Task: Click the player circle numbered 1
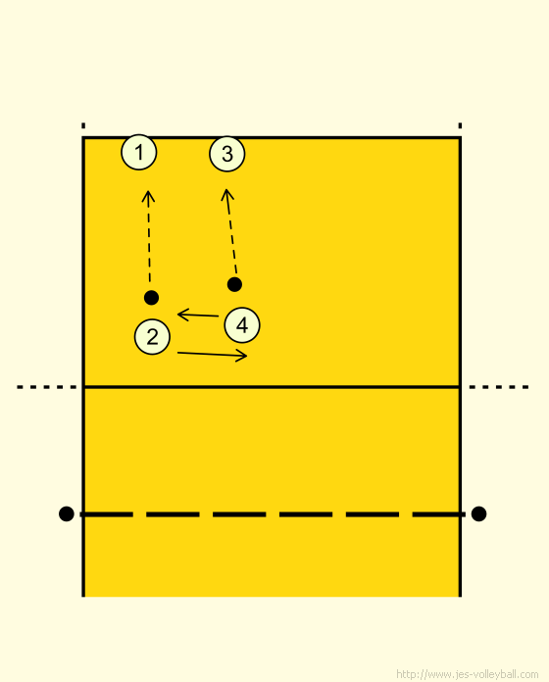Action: pyautogui.click(x=139, y=152)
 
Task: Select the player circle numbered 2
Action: pyautogui.click(x=152, y=337)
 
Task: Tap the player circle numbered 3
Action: pyautogui.click(x=227, y=154)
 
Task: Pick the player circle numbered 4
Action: pyautogui.click(x=242, y=325)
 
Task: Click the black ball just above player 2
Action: pyautogui.click(x=151, y=298)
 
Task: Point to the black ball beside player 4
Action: pyautogui.click(x=234, y=284)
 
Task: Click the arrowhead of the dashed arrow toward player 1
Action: pyautogui.click(x=148, y=191)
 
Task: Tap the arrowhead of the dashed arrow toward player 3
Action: pyautogui.click(x=225, y=190)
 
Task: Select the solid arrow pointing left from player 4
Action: pyautogui.click(x=198, y=315)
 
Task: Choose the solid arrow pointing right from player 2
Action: pyautogui.click(x=213, y=354)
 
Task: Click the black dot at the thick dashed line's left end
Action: pyautogui.click(x=66, y=513)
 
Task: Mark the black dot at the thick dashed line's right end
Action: pyautogui.click(x=478, y=513)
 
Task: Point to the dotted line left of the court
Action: pyautogui.click(x=46, y=387)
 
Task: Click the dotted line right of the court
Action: pyautogui.click(x=499, y=387)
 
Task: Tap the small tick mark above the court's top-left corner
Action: pyautogui.click(x=83, y=125)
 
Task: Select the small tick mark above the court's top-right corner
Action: pyautogui.click(x=460, y=125)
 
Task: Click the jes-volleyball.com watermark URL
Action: pyautogui.click(x=468, y=674)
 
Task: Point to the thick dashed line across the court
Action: pyautogui.click(x=273, y=514)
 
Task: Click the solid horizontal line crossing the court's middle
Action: pyautogui.click(x=272, y=386)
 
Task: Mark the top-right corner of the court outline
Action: pyautogui.click(x=460, y=138)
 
